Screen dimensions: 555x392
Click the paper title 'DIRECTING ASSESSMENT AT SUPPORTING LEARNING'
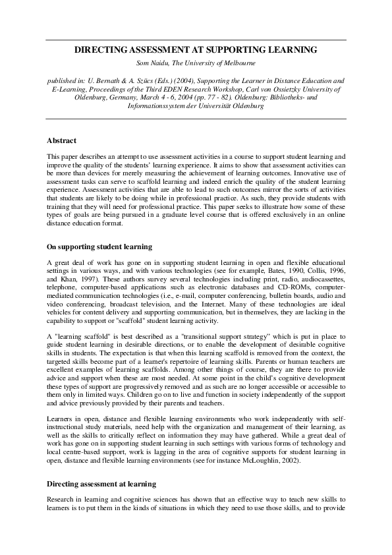tap(196, 49)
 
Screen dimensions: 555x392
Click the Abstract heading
tap(61, 140)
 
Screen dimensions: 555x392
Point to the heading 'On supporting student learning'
tap(99, 247)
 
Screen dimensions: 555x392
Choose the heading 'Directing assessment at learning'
tap(101, 483)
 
